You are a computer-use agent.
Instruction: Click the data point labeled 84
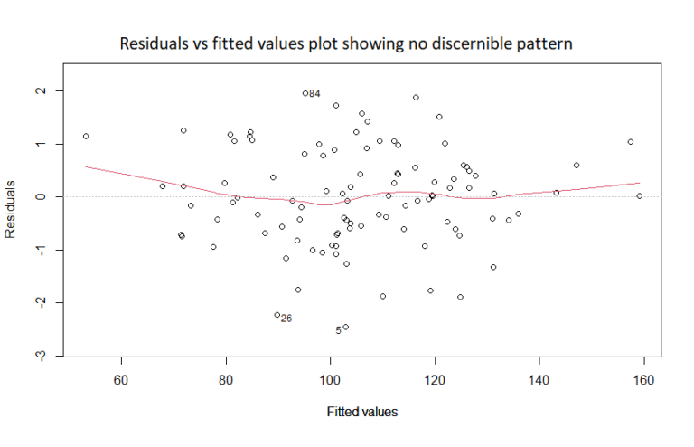[305, 93]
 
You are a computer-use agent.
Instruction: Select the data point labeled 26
[277, 315]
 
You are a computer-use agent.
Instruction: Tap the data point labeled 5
[345, 328]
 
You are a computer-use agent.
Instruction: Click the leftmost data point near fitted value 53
[86, 137]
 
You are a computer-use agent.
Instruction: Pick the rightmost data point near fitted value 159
[639, 195]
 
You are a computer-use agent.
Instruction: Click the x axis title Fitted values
[361, 412]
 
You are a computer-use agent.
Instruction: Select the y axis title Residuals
[12, 208]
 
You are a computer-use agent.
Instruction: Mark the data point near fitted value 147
[577, 166]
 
